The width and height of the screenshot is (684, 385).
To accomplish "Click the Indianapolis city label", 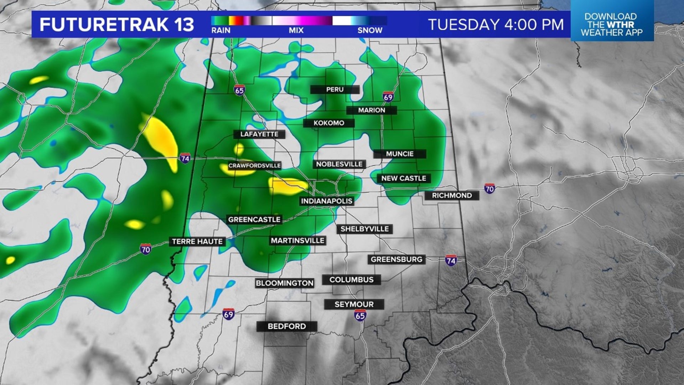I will (326, 201).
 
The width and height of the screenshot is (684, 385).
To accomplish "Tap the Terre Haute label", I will (197, 242).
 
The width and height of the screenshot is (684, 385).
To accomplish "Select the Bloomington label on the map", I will (284, 283).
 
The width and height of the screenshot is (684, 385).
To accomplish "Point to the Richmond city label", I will (452, 195).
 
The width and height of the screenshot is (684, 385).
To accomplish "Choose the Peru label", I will (335, 89).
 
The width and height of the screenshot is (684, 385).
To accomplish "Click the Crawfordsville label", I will (254, 165).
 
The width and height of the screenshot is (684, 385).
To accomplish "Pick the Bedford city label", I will (286, 326).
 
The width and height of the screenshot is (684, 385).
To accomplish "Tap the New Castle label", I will (403, 178).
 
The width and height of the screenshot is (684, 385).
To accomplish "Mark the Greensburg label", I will (396, 260).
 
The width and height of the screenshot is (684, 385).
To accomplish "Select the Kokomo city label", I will (328, 123).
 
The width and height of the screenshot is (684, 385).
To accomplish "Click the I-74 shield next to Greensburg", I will (451, 260).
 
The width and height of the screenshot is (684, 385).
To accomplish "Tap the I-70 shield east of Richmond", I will (489, 188).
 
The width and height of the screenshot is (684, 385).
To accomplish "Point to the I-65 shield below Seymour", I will (360, 315).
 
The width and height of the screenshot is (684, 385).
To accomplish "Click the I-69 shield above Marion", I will (388, 97).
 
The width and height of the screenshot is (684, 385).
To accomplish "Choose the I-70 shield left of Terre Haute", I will (145, 249).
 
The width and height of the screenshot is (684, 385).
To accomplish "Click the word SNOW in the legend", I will (370, 31).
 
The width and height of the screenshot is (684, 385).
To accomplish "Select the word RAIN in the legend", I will (221, 31).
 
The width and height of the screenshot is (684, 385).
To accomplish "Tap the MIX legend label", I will (296, 31).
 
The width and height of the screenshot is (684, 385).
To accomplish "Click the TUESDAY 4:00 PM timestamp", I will (496, 25).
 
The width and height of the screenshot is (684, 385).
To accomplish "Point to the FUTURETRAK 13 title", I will (117, 25).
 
